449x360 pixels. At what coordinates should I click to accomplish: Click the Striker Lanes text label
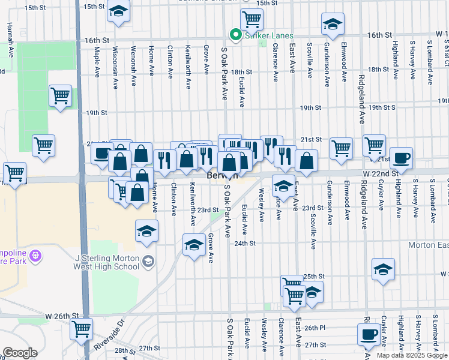click(265, 35)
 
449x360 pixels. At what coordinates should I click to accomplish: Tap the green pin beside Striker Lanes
click(235, 35)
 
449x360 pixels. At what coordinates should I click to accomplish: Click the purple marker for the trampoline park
click(37, 256)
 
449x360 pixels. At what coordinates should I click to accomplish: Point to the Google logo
click(20, 353)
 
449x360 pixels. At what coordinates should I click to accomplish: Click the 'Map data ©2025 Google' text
click(412, 355)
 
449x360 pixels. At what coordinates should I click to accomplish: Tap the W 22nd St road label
click(381, 173)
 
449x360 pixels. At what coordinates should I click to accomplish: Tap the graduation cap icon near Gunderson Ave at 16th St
click(333, 24)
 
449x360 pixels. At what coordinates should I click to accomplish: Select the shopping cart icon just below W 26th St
click(81, 328)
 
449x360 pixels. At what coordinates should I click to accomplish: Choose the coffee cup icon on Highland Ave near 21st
click(402, 157)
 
